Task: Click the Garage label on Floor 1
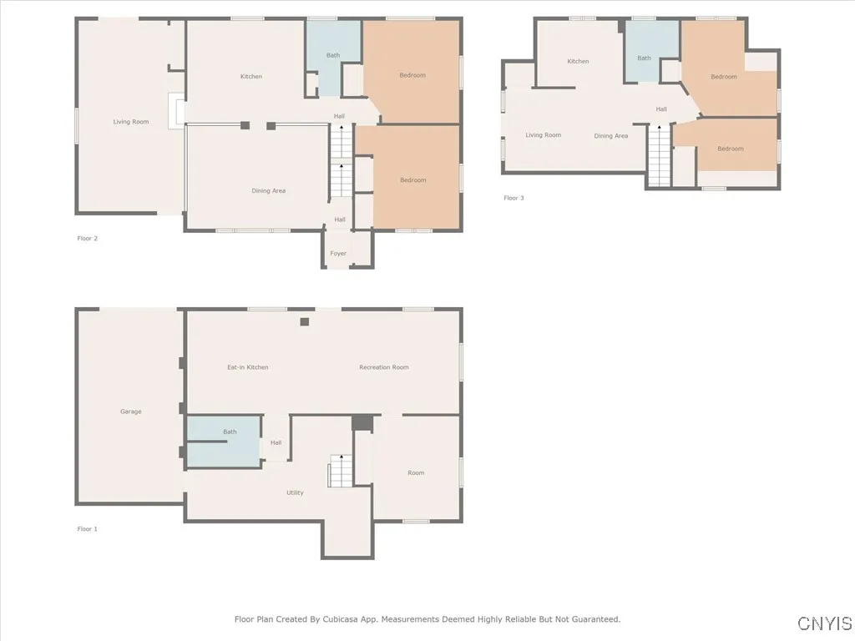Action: click(x=130, y=411)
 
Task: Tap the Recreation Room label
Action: click(x=383, y=367)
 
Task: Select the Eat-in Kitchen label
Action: click(x=248, y=367)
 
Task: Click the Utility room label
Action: click(x=295, y=492)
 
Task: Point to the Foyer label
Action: click(x=338, y=254)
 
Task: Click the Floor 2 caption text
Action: click(x=88, y=239)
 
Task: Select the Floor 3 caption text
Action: click(x=514, y=198)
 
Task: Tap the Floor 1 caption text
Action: click(x=88, y=529)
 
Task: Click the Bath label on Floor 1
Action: click(x=230, y=432)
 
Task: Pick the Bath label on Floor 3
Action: click(x=644, y=58)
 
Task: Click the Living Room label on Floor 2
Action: click(x=131, y=122)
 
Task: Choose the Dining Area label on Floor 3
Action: click(x=610, y=136)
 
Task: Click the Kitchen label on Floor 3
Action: click(x=578, y=61)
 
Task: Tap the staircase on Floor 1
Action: click(x=340, y=472)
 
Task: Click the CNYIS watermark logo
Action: click(x=824, y=623)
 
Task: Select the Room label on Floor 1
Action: click(x=416, y=472)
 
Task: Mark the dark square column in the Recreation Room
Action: click(x=305, y=322)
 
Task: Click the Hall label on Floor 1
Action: click(x=276, y=443)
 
